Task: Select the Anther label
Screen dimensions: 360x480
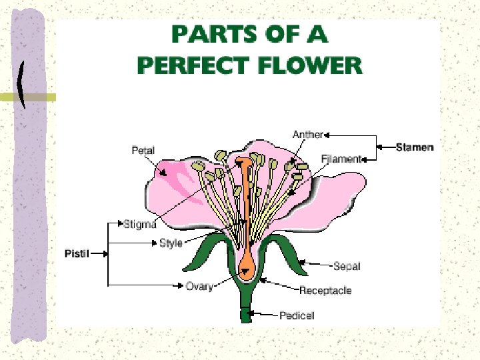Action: pos(308,135)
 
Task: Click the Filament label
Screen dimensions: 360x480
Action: pos(341,159)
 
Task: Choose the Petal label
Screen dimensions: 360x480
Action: pos(143,151)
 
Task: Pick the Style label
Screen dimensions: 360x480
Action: pos(171,243)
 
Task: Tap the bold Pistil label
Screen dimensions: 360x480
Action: pos(77,253)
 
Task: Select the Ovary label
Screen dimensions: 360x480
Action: pos(199,286)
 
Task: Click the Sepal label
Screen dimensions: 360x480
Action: pos(347,266)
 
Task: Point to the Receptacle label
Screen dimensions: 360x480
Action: pos(325,291)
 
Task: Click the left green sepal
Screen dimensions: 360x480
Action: pos(207,250)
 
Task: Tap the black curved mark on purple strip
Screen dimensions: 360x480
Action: pos(25,85)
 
